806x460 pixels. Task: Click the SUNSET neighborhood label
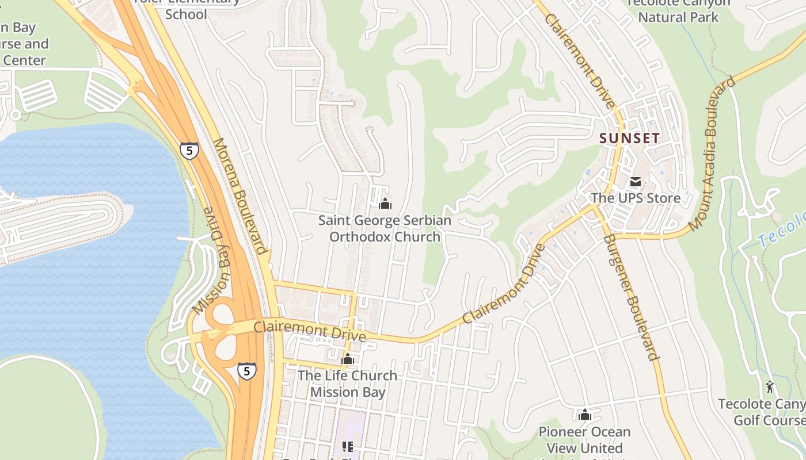tap(629, 138)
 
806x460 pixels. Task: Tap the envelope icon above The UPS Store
tap(636, 182)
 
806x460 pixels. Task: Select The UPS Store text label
tap(636, 198)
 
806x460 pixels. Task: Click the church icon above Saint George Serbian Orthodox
tap(385, 204)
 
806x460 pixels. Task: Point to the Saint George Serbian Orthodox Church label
tap(385, 228)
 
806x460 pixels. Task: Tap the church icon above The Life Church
tap(347, 360)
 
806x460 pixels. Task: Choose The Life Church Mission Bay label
tap(347, 384)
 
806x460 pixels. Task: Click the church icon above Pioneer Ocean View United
tap(585, 415)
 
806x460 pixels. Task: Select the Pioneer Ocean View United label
tap(584, 440)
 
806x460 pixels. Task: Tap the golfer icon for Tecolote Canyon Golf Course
tap(770, 387)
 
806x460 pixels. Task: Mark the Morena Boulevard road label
tap(240, 195)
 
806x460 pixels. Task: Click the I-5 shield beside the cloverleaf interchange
tap(246, 371)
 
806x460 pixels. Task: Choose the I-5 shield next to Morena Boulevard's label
tap(189, 151)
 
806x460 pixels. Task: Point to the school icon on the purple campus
tap(347, 446)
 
